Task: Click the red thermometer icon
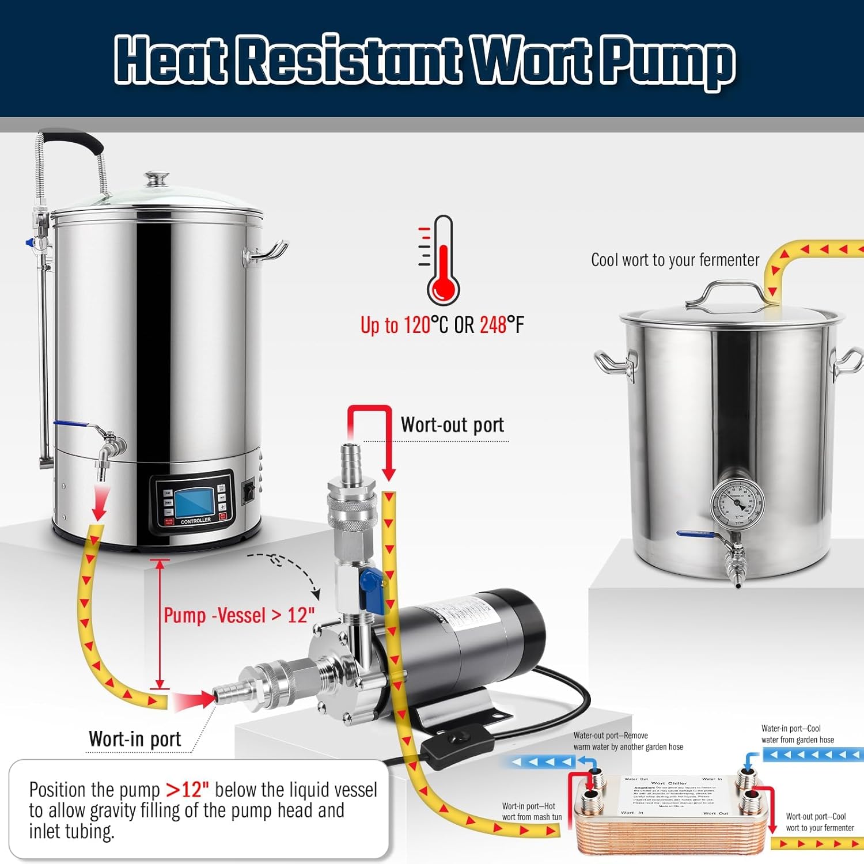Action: click(x=443, y=262)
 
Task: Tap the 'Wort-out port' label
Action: click(x=452, y=425)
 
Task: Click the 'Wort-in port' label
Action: click(x=135, y=739)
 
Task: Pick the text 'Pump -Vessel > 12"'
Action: click(x=238, y=615)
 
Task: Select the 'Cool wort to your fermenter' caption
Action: click(x=675, y=260)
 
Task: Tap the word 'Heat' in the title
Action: click(x=170, y=59)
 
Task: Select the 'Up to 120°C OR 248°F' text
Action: click(x=442, y=325)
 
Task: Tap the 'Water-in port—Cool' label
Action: click(x=791, y=729)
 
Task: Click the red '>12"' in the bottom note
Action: click(x=187, y=790)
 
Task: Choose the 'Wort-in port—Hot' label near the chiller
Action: click(x=528, y=806)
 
